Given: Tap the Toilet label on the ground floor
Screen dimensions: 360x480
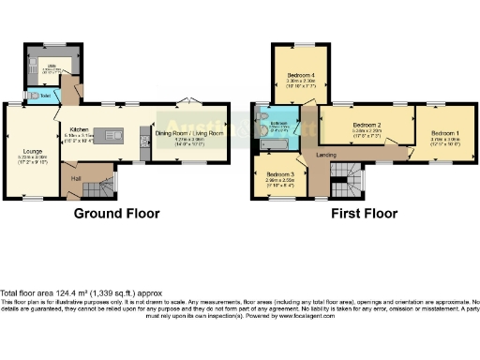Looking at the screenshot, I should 43,95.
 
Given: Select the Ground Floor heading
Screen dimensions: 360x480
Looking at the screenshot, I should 116,214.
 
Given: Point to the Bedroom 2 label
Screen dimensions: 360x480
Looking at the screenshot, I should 365,125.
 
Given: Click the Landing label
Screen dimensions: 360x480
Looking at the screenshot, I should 326,154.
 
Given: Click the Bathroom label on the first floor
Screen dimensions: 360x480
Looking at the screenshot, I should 279,124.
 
